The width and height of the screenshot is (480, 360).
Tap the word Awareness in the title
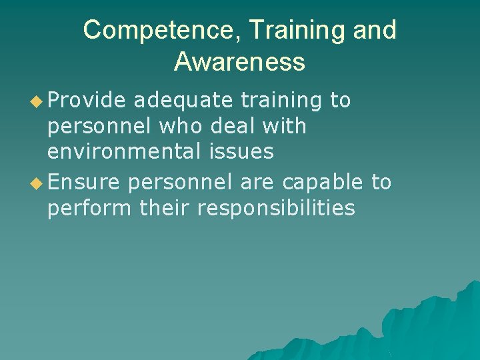click(239, 63)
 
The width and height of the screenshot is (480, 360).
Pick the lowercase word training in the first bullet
click(281, 101)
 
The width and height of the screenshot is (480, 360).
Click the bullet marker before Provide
click(37, 101)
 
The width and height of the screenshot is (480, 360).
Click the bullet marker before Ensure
click(37, 182)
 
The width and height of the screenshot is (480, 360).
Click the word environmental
click(122, 152)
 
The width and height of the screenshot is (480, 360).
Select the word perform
click(89, 209)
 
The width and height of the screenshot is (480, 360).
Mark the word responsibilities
click(276, 209)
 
